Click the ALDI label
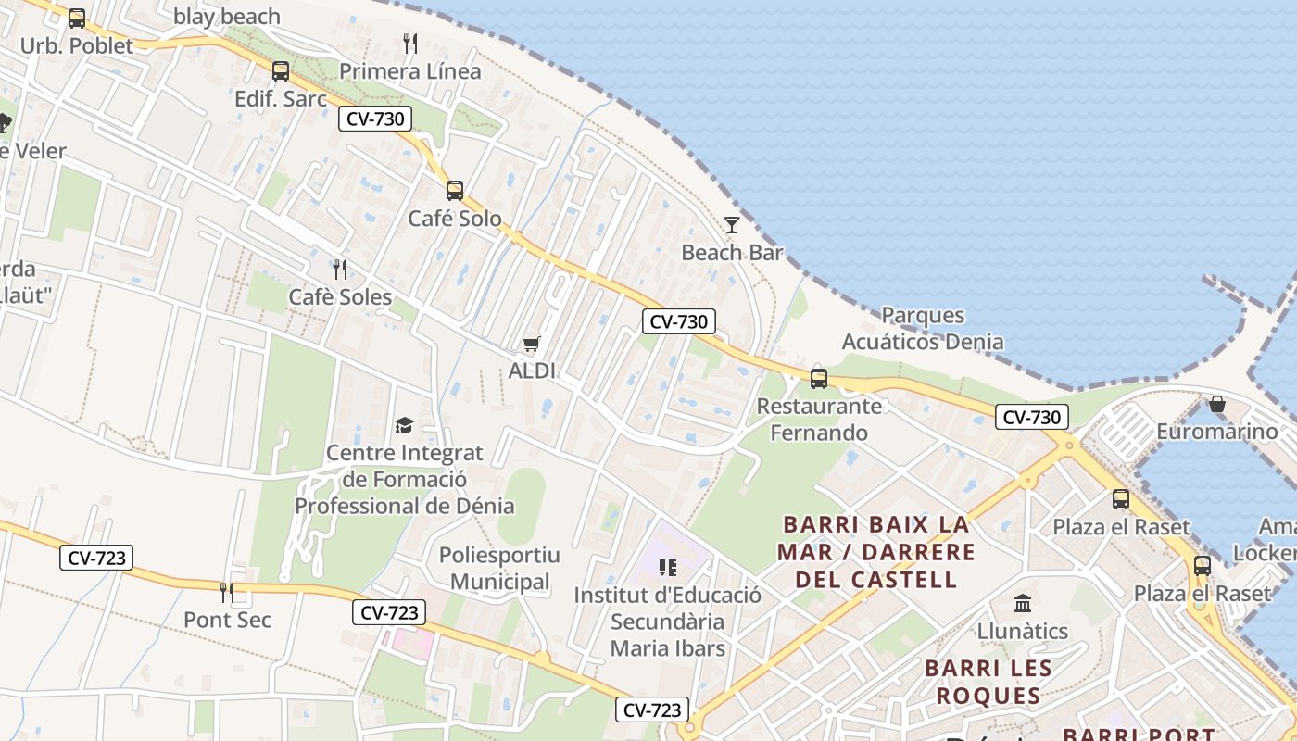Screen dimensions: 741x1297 532,370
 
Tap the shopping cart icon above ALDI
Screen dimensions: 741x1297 532,345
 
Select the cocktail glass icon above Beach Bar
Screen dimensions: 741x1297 732,225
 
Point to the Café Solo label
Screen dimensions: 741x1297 455,219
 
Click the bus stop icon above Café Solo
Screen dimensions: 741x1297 454,191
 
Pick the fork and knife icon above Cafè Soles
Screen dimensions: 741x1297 340,270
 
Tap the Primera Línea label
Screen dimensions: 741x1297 409,71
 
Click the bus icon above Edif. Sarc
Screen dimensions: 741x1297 280,70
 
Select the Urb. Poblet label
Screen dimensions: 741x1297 77,45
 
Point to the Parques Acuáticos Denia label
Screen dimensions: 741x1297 922,329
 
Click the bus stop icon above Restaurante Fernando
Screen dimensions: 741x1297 819,378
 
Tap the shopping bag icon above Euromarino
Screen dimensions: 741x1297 1217,405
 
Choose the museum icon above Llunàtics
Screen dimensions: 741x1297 1023,604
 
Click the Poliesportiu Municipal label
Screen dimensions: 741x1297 499,569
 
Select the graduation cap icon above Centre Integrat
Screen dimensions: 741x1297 404,426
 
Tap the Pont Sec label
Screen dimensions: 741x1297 227,620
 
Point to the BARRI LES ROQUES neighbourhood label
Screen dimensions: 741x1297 988,681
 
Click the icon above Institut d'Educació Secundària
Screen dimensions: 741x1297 668,567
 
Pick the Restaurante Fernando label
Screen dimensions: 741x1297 819,419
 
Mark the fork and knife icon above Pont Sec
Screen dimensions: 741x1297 227,592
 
